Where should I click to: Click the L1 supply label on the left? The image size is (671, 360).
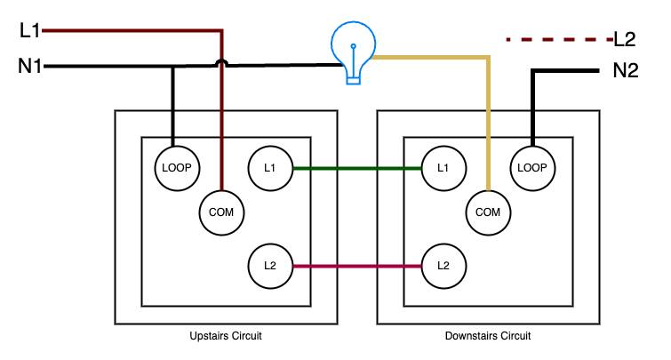tap(29, 31)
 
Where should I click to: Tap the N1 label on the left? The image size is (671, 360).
tap(30, 67)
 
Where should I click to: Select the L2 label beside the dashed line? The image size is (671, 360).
tap(625, 39)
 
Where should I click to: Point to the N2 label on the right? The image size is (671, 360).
tap(626, 70)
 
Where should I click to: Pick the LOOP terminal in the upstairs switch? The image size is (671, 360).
tap(177, 168)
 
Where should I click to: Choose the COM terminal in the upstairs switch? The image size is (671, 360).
tap(221, 212)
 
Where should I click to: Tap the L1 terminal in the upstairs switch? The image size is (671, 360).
tap(270, 168)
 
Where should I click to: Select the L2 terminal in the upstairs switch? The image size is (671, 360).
tap(270, 266)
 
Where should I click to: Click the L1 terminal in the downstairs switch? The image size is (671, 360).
tap(443, 168)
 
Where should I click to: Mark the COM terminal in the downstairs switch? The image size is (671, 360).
tap(488, 212)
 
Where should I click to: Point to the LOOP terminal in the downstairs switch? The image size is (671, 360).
tap(532, 168)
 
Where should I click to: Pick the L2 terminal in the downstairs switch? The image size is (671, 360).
tap(443, 266)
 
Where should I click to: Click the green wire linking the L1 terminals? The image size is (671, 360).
tap(357, 169)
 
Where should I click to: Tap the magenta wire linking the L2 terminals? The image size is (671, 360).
tap(357, 267)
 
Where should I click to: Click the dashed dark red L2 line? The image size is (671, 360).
tap(560, 40)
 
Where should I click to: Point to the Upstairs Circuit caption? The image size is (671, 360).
tap(226, 336)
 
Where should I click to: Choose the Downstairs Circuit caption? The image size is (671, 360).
tap(488, 336)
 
